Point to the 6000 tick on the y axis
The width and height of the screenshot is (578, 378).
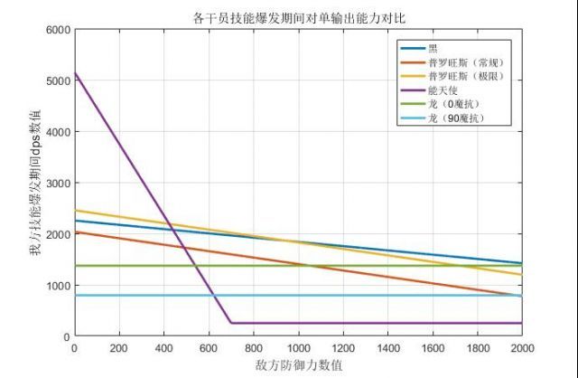point(59,30)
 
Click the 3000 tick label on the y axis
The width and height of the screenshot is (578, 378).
point(59,184)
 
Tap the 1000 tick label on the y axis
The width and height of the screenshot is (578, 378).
point(59,286)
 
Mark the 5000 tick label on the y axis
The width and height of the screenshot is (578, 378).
point(59,81)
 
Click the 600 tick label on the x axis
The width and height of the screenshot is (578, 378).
point(209,348)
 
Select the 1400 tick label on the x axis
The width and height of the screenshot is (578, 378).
point(387,348)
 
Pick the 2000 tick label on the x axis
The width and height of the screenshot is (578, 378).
point(521,348)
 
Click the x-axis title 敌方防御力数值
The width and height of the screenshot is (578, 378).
point(298,365)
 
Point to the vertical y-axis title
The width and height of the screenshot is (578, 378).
point(36,183)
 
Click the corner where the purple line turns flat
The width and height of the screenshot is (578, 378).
point(230,323)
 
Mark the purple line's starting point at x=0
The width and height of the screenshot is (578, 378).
point(75,72)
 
